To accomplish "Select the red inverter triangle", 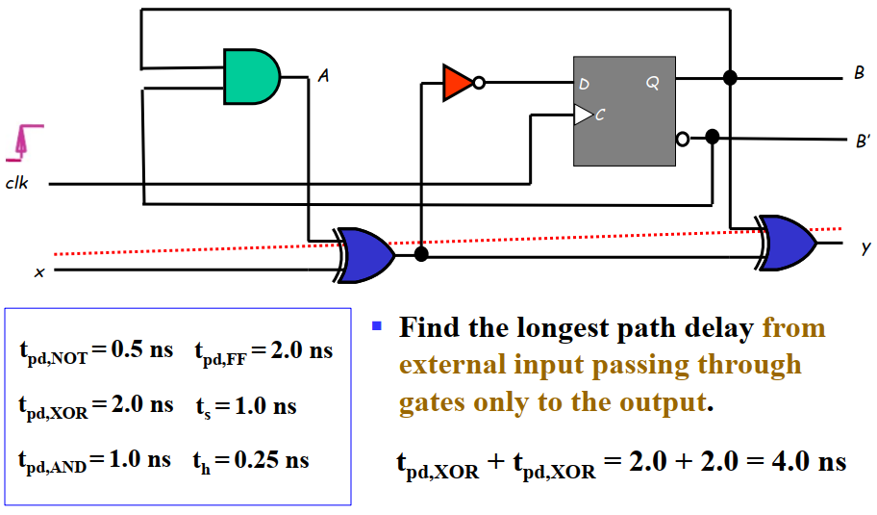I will tap(457, 83).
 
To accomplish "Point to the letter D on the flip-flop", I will tap(584, 85).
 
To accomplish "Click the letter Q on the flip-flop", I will tap(653, 84).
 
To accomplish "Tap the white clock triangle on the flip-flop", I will tap(583, 116).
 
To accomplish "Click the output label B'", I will tap(862, 142).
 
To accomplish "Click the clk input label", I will tap(16, 183).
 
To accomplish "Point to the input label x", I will tap(39, 272).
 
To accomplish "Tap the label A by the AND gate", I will tap(323, 77).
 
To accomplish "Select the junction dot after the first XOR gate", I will tap(420, 255).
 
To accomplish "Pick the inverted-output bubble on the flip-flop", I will tap(682, 139).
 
